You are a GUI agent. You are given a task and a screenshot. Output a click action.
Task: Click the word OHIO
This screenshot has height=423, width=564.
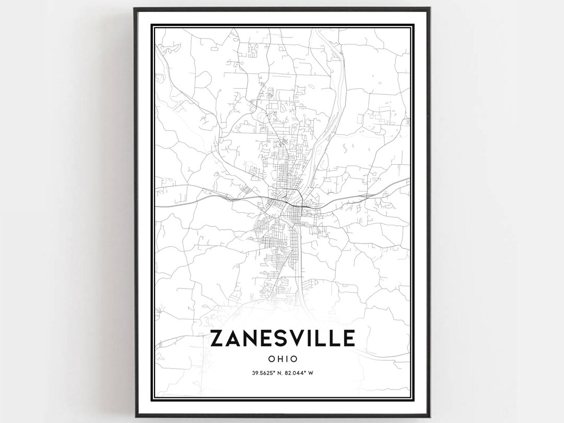(x=282, y=359)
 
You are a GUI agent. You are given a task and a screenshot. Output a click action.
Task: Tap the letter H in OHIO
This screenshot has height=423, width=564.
(x=278, y=359)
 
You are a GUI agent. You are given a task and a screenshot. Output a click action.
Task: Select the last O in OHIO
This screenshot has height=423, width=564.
(x=294, y=359)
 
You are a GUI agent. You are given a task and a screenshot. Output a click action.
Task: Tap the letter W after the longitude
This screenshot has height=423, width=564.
(x=310, y=373)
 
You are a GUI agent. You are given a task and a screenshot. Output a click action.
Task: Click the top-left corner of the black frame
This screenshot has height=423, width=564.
(x=134, y=8)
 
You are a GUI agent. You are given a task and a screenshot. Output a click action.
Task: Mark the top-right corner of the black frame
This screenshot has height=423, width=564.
(x=430, y=8)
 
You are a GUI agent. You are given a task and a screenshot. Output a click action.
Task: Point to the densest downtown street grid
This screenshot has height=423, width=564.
(x=285, y=201)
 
